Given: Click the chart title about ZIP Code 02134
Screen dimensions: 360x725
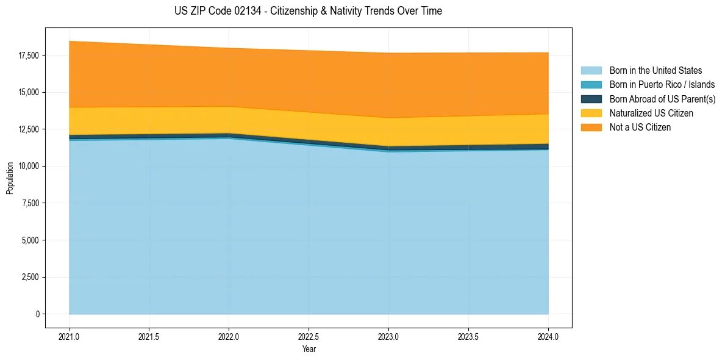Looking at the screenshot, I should tap(308, 11).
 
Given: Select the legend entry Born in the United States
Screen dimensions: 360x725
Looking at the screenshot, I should tap(655, 71).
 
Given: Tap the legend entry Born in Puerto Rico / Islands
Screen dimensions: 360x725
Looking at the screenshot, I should tap(662, 85).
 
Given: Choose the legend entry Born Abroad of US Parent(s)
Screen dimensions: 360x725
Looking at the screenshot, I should tap(662, 99).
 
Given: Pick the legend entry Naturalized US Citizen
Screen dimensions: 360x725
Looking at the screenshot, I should tap(651, 113).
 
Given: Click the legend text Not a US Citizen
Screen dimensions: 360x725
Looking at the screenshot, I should tap(640, 127).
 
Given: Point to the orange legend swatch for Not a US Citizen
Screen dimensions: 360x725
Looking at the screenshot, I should tap(591, 127).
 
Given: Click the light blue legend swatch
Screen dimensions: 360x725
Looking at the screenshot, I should tap(591, 71).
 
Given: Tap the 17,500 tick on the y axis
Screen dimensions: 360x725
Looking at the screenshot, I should tap(29, 56).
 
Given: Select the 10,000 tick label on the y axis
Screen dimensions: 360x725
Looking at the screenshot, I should tap(29, 167).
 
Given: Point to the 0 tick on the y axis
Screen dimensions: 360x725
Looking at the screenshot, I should tap(37, 314).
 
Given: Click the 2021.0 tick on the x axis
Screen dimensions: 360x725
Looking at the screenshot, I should tap(70, 336).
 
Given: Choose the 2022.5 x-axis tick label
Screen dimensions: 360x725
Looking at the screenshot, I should tap(309, 336).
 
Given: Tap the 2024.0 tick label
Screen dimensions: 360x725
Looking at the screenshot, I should tap(548, 336).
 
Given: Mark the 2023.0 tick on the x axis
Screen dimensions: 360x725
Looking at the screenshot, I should tap(388, 336).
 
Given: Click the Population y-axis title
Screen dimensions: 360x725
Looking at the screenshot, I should tap(10, 178).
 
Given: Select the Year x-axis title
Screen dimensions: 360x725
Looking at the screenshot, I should tap(309, 349).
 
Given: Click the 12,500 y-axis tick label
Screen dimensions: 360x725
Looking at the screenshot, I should tap(29, 129).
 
